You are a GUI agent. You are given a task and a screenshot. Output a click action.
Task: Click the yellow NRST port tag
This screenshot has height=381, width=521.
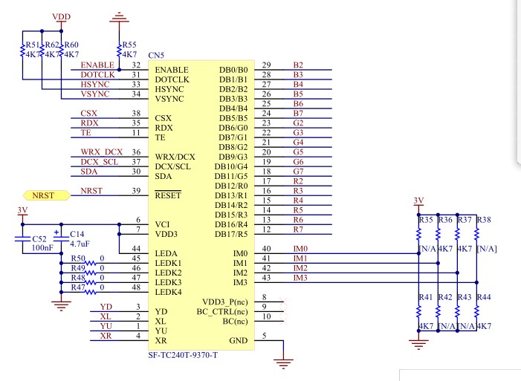(47, 195)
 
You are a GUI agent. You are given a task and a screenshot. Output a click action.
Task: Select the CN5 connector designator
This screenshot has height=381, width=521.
(156, 55)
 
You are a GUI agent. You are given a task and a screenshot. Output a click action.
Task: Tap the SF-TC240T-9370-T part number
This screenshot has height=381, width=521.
(183, 355)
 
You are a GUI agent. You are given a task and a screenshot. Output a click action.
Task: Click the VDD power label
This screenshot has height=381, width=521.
(62, 16)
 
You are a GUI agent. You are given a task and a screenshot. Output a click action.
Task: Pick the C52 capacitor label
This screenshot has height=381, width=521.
(39, 239)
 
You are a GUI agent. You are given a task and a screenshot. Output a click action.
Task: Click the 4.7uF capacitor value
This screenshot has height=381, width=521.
(80, 244)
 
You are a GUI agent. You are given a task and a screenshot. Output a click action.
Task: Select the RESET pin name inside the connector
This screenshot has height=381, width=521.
(168, 195)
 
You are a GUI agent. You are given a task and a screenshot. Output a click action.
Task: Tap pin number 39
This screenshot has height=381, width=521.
(136, 191)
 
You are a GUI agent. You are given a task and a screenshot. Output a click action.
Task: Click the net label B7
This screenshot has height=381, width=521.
(298, 114)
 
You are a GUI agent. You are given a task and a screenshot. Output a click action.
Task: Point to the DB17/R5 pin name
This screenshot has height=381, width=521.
(231, 234)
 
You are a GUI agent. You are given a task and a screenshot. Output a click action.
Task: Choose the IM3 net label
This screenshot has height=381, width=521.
(300, 278)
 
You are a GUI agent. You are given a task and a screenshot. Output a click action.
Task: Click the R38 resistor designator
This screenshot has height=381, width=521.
(484, 220)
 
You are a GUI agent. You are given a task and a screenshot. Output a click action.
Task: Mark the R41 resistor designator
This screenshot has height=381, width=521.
(426, 297)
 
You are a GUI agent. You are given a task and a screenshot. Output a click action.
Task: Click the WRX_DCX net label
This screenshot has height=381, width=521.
(102, 152)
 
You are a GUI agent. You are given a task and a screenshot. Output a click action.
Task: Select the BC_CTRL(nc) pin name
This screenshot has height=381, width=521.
(222, 312)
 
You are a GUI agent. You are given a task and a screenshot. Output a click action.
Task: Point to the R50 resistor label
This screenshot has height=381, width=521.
(78, 258)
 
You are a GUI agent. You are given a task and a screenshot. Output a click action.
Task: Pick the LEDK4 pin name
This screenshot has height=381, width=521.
(169, 292)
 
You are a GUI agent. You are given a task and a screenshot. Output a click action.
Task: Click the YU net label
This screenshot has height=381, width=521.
(106, 326)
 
